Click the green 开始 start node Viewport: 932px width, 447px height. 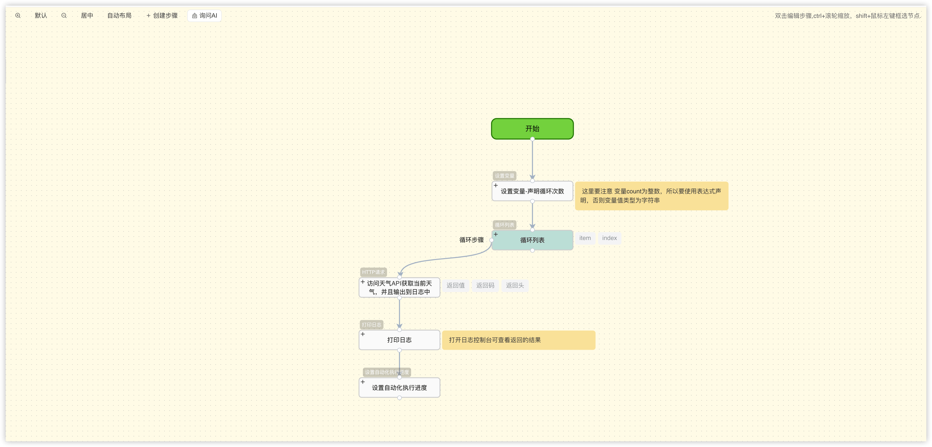click(x=532, y=129)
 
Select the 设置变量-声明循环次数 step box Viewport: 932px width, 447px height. click(x=532, y=191)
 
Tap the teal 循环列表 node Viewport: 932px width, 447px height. click(x=532, y=240)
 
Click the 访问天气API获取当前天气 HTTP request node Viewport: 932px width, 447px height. click(x=400, y=288)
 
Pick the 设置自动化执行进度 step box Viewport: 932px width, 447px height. click(x=400, y=388)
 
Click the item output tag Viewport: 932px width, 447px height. click(x=585, y=238)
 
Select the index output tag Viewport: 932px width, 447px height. click(x=609, y=238)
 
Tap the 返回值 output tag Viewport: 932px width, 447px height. click(x=455, y=285)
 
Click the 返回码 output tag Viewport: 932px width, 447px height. click(x=485, y=285)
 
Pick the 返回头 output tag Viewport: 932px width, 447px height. click(x=515, y=285)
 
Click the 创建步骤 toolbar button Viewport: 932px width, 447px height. click(x=162, y=16)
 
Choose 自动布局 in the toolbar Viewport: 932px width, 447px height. click(x=119, y=16)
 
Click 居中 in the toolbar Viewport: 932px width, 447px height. click(x=87, y=16)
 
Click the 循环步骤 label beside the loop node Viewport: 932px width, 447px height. click(x=471, y=240)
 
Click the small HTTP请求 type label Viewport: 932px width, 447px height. click(x=373, y=272)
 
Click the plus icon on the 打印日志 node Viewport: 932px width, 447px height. click(x=363, y=334)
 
